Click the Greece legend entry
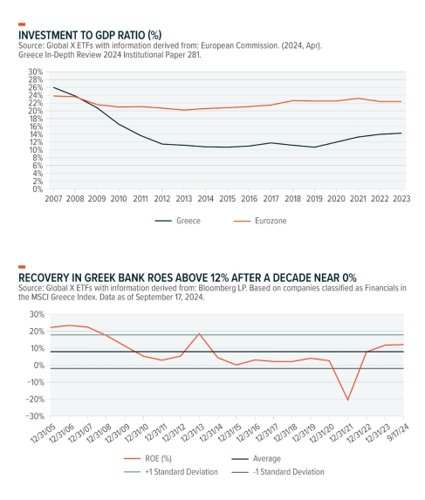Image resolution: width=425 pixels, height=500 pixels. point(177,221)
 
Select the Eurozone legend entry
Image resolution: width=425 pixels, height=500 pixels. point(260,221)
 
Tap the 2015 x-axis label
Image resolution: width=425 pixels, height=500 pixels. point(227,199)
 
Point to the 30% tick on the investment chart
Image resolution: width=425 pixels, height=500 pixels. point(36,72)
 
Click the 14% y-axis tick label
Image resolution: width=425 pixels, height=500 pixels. point(36,134)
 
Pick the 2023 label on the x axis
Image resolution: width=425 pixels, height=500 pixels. point(401,199)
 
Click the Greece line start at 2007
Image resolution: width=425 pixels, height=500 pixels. point(53,87)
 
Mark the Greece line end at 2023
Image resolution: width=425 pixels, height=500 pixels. point(401,133)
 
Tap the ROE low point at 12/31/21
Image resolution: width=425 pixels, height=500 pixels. point(347,400)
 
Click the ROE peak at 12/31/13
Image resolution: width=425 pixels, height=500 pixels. point(199,333)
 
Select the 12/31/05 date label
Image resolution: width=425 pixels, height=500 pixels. point(43,434)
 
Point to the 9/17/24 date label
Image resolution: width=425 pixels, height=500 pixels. point(398,433)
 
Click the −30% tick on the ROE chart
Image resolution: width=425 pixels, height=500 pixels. point(35,416)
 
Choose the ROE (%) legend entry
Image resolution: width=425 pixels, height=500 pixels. point(147,458)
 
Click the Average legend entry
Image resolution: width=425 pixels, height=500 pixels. point(257,458)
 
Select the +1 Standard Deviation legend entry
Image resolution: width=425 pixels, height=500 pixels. point(171,471)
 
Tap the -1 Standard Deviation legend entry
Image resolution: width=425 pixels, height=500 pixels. point(278,471)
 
